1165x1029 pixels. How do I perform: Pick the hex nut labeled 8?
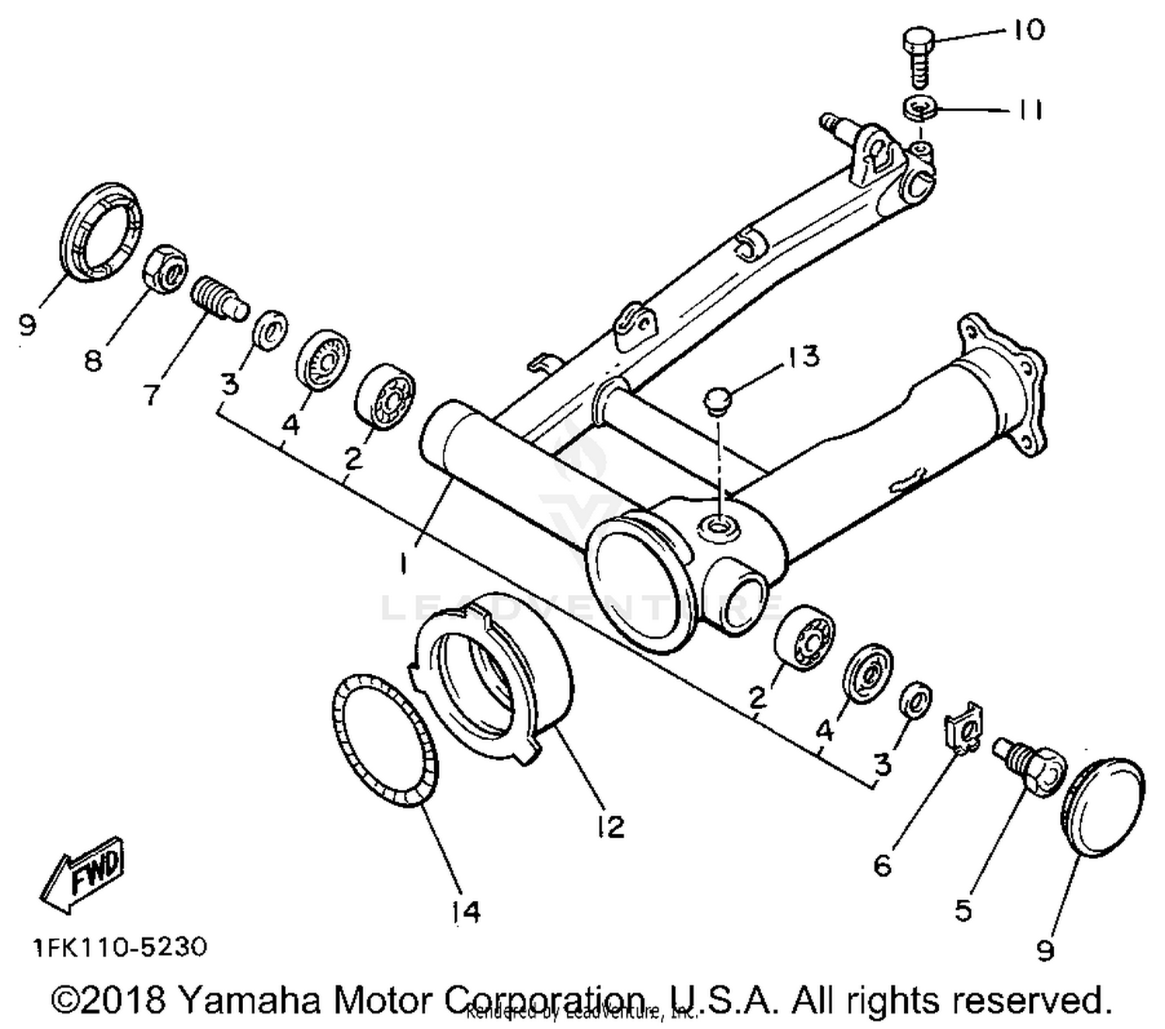pyautogui.click(x=165, y=269)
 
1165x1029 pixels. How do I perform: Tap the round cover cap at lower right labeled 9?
pyautogui.click(x=1102, y=807)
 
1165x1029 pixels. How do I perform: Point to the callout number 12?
pyautogui.click(x=610, y=827)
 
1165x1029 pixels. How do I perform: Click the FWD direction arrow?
pyautogui.click(x=82, y=874)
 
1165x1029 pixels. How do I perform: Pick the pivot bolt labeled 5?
pyautogui.click(x=1025, y=765)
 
